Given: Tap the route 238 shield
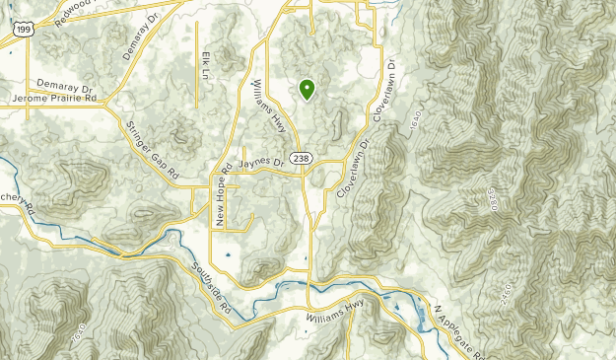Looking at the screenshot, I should click(302, 158).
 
